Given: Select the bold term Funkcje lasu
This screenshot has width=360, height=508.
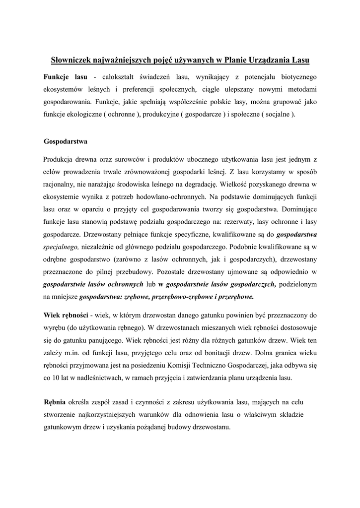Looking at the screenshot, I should [66, 77].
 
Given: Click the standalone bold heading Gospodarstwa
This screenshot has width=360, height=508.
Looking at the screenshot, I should [66, 141].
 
